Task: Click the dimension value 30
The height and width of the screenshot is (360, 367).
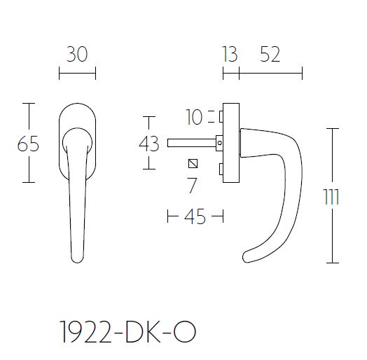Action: [77, 54]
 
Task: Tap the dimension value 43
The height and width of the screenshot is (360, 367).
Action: [149, 144]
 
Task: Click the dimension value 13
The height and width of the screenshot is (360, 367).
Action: [229, 54]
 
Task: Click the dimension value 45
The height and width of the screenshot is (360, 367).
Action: [196, 217]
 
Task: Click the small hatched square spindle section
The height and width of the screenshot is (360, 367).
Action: [193, 164]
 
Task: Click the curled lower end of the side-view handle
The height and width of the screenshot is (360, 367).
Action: [247, 258]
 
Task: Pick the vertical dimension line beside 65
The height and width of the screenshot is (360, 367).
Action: [28, 168]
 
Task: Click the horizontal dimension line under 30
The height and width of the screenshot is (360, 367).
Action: [77, 71]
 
